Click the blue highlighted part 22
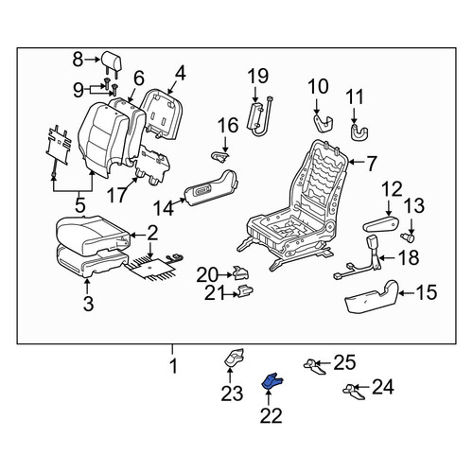272,380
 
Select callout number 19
258,76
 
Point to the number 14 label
164,208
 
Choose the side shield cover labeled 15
372,297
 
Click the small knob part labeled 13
408,237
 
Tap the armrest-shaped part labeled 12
380,224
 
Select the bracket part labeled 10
324,123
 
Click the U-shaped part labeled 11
359,132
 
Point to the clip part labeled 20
240,273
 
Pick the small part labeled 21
246,290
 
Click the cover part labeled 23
234,359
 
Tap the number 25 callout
344,362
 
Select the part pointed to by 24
354,392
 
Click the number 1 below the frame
173,366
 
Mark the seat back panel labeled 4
162,115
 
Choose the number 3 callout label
88,304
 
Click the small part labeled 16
219,156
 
